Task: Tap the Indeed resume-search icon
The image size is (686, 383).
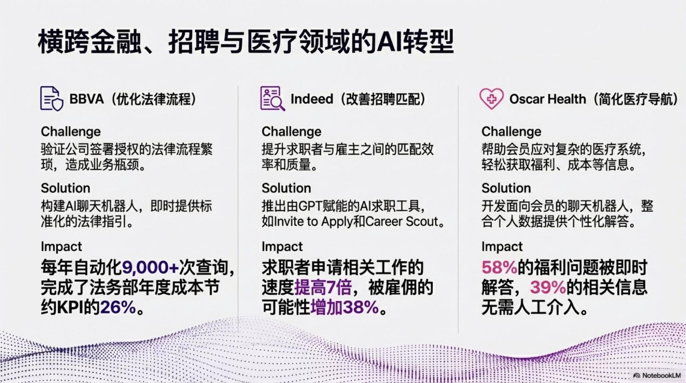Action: click(272, 98)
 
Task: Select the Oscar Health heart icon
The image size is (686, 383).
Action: click(491, 98)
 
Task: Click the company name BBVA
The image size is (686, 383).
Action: click(86, 99)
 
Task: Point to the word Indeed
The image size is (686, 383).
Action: click(312, 99)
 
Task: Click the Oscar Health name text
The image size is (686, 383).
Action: click(547, 99)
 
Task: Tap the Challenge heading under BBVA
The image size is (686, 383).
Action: click(71, 131)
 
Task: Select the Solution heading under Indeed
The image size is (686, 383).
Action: click(286, 188)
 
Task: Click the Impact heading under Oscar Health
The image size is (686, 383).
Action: click(502, 246)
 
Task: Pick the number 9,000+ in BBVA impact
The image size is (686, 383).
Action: click(150, 268)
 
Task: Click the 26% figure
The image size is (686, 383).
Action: click(118, 307)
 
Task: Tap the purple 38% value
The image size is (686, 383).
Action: click(360, 307)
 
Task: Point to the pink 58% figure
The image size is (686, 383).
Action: click(499, 268)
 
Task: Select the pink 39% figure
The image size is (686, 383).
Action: click(548, 287)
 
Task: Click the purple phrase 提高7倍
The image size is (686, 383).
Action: click(323, 287)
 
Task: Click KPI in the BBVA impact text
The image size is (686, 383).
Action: click(70, 307)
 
